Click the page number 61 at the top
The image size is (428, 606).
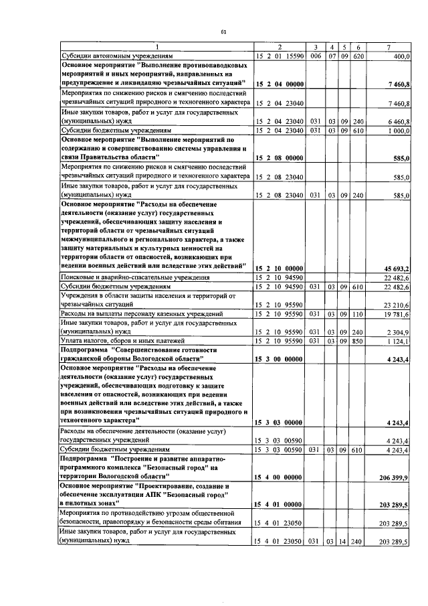pos(223,31)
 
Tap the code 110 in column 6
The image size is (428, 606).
pos(358,313)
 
